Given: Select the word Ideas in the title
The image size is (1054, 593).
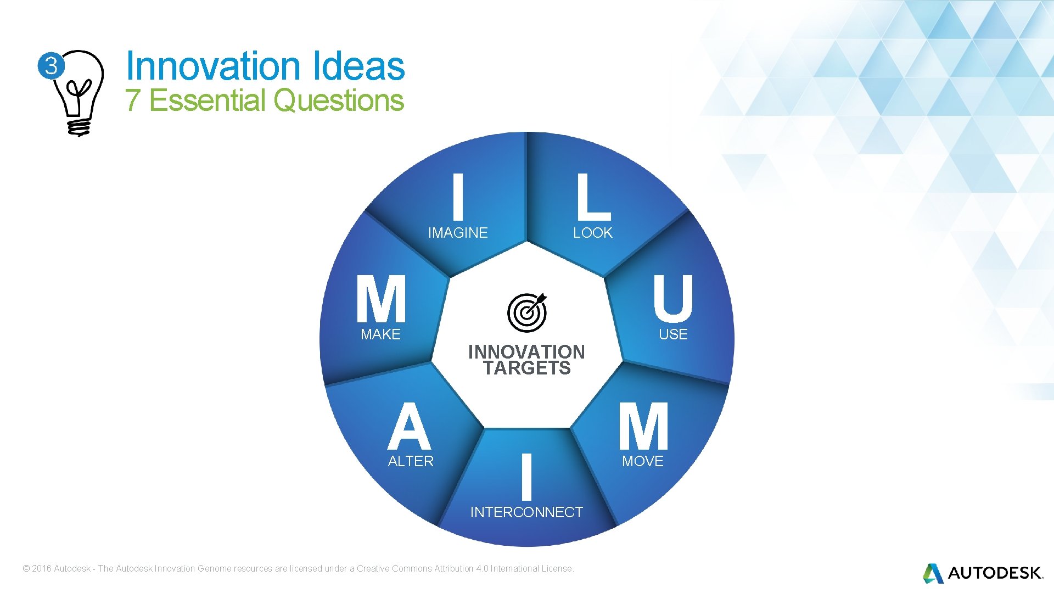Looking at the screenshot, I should [x=359, y=66].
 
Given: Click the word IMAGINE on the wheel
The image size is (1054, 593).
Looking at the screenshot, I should [x=458, y=233].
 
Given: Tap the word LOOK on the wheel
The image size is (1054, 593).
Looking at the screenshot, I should [x=592, y=233].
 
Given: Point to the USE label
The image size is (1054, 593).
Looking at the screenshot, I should [x=673, y=334].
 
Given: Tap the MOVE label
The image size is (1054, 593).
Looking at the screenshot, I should [x=643, y=461].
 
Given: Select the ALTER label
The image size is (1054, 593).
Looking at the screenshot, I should [x=411, y=461].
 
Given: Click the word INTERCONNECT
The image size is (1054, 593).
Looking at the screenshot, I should [x=526, y=512].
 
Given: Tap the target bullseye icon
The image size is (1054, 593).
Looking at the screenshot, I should [x=527, y=312].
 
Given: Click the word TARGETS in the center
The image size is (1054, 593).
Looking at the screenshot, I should [x=527, y=368].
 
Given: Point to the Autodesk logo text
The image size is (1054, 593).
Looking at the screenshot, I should [x=994, y=573].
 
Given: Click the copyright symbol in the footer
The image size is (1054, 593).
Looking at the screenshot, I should [x=26, y=569].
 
